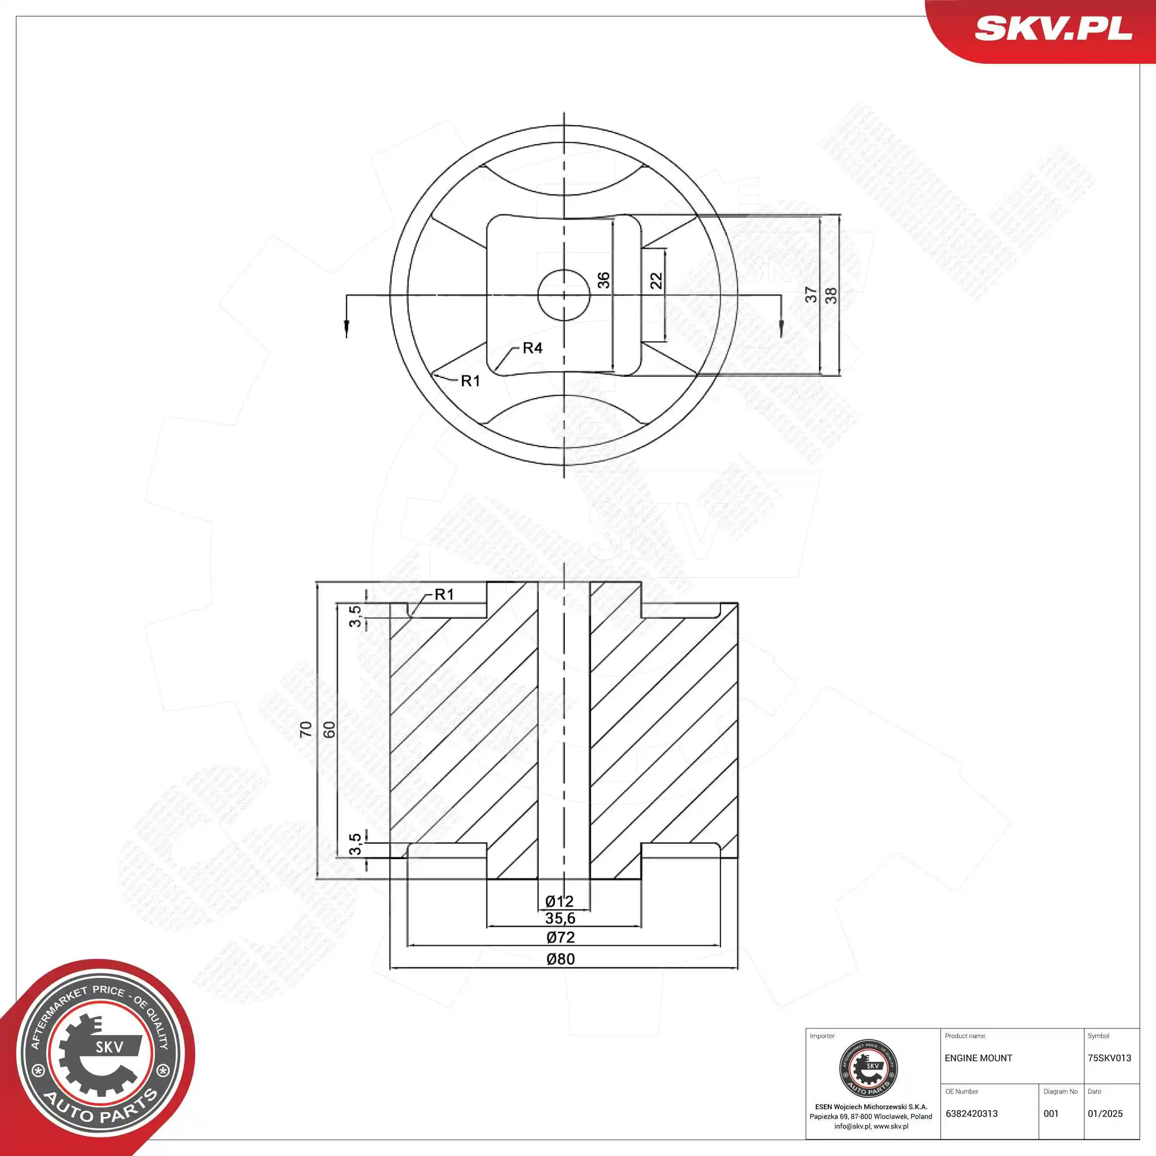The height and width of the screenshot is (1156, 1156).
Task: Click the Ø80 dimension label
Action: pyautogui.click(x=560, y=959)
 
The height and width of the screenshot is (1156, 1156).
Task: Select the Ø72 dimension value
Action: pyautogui.click(x=560, y=937)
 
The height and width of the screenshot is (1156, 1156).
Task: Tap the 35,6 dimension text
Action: pyautogui.click(x=560, y=918)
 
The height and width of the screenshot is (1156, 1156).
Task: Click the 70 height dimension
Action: pyautogui.click(x=306, y=729)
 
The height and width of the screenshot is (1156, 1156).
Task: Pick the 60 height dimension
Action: pyautogui.click(x=329, y=729)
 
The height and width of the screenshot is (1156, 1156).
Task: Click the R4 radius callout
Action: pyautogui.click(x=532, y=348)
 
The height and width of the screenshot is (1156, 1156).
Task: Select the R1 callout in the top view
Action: pyautogui.click(x=470, y=381)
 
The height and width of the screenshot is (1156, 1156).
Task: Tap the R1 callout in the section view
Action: pyautogui.click(x=444, y=595)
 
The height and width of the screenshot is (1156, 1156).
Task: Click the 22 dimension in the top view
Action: pyautogui.click(x=657, y=281)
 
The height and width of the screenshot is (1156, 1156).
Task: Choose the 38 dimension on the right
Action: pyautogui.click(x=831, y=295)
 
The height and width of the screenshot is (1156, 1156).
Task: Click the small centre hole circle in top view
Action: pyautogui.click(x=564, y=295)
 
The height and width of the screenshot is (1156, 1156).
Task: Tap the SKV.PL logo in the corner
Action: pyautogui.click(x=1053, y=29)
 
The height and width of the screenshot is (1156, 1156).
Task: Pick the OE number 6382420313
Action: pyautogui.click(x=972, y=1113)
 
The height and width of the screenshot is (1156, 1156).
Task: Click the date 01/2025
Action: pyautogui.click(x=1105, y=1113)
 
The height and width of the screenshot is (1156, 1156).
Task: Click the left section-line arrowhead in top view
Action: pyautogui.click(x=346, y=328)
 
